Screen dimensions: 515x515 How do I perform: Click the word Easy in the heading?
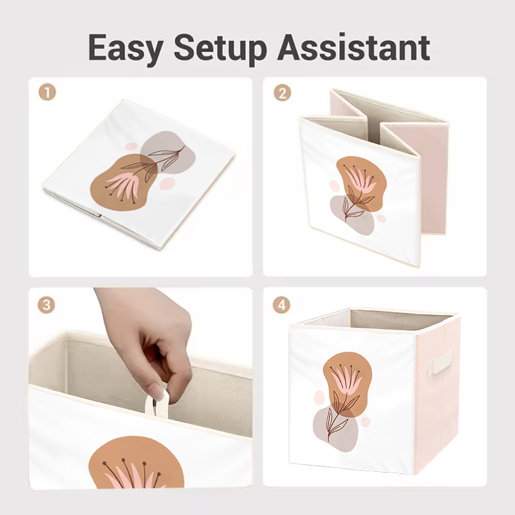click(x=125, y=48)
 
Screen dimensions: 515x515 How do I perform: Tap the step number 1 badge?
click(x=47, y=92)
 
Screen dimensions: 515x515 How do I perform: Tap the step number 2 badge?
click(x=282, y=93)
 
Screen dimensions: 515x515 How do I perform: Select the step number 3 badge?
click(x=46, y=304)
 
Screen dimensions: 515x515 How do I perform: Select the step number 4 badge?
click(x=281, y=304)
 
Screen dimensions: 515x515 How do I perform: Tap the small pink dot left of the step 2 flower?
click(x=334, y=185)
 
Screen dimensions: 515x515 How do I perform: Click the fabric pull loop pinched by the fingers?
click(x=157, y=404)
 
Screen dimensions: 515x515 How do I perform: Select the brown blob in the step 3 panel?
click(x=136, y=463)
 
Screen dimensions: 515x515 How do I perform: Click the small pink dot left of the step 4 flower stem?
click(x=319, y=397)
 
